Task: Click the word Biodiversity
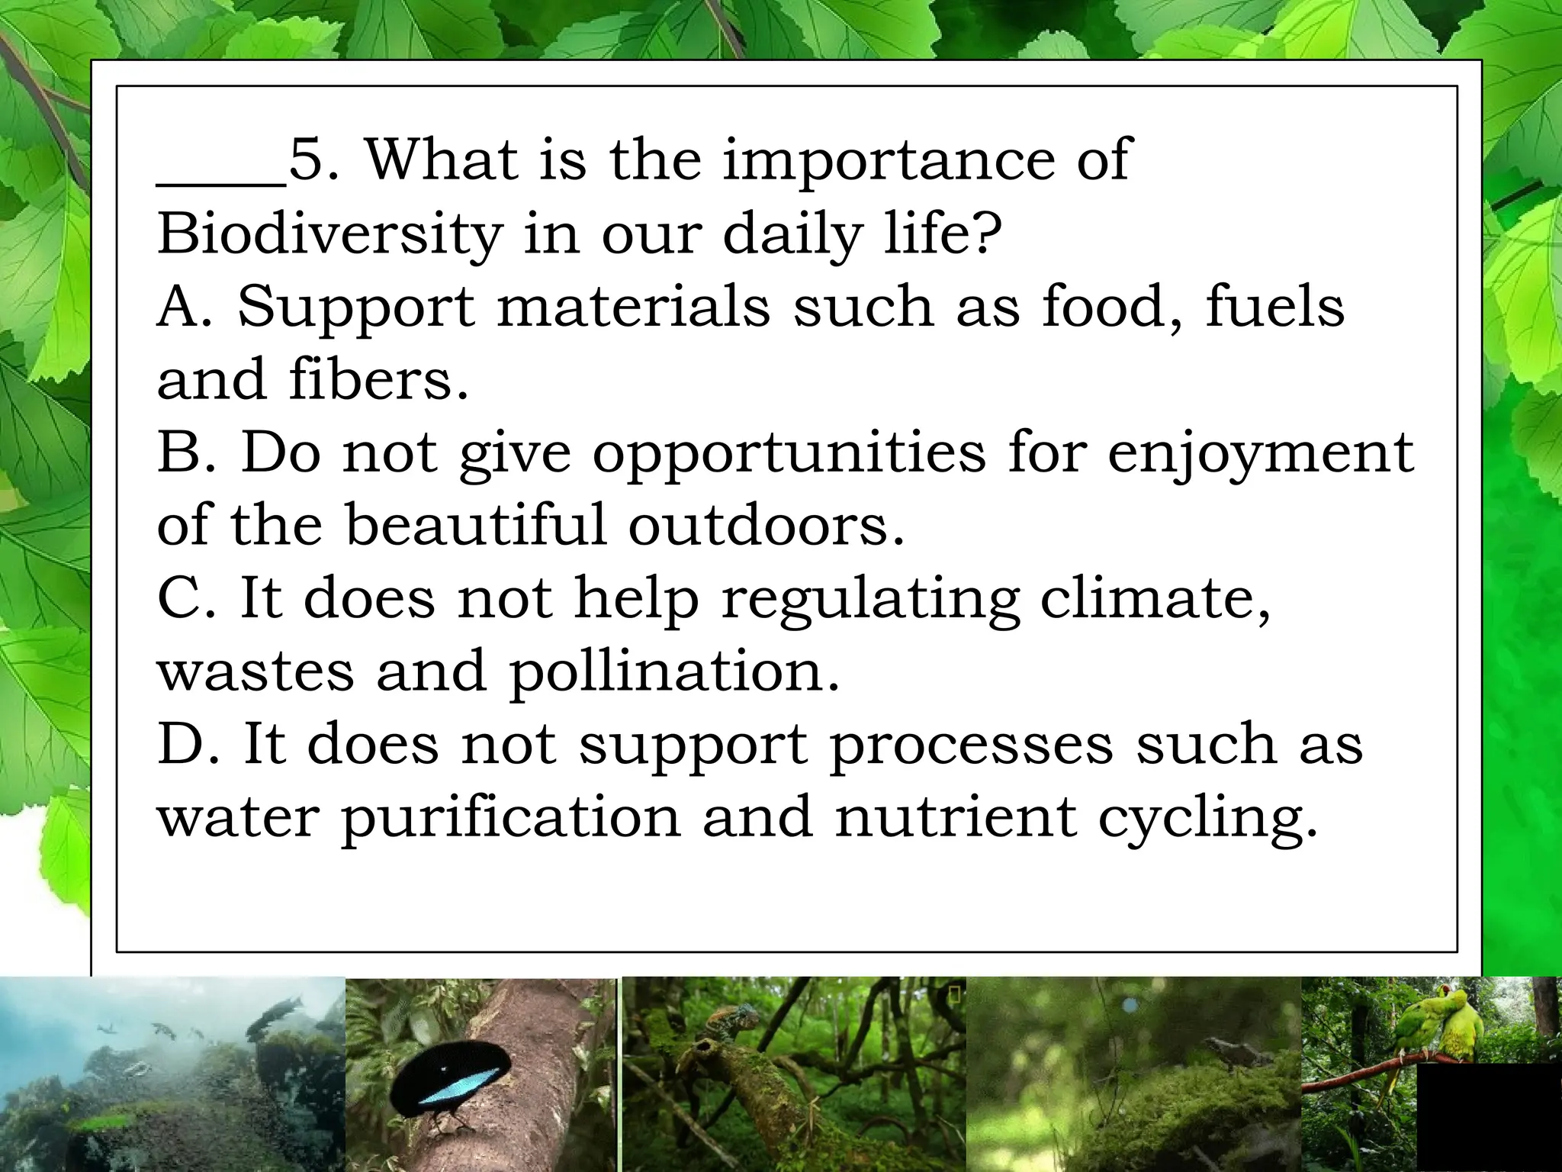pos(329,233)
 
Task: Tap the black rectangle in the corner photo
pos(1489,1118)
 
